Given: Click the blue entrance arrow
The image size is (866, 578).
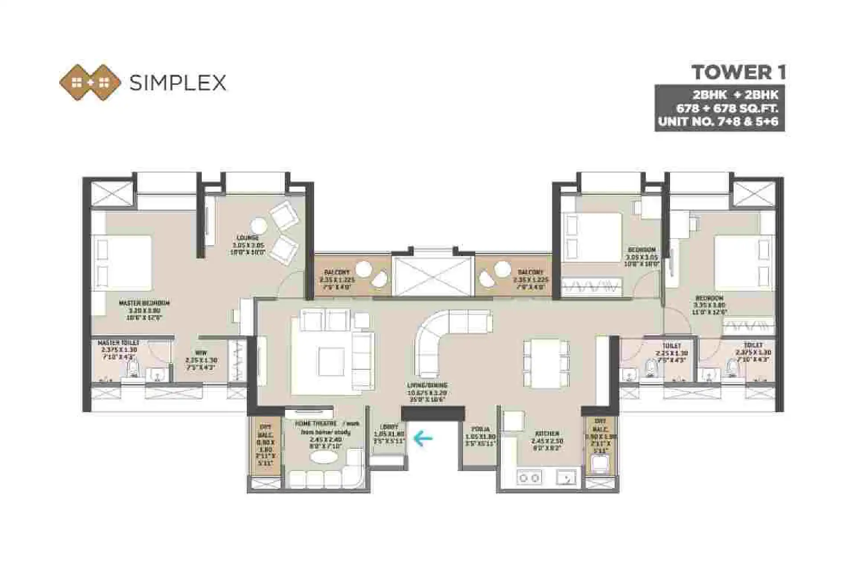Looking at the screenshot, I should coord(423,438).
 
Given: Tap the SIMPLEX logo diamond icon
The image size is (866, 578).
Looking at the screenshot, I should coord(90,83).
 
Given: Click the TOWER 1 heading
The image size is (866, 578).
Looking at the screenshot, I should coord(739,73).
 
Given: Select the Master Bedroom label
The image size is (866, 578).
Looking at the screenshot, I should coord(144,307).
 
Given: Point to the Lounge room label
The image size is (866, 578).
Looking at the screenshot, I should coord(248,244).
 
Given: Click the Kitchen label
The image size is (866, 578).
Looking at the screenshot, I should coord(547,437).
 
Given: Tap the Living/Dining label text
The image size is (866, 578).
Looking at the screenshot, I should coord(427,389).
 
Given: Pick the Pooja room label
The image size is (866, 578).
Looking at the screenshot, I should coord(480,433).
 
